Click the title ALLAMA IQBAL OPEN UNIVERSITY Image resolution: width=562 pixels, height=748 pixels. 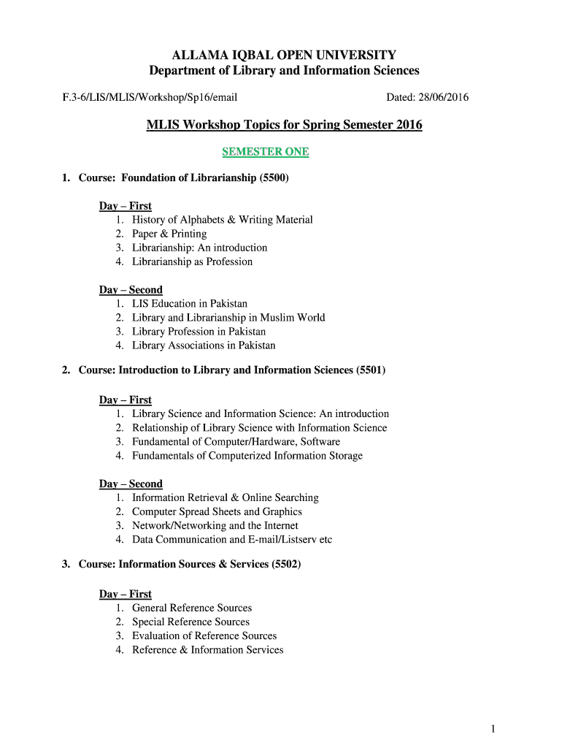point(284,56)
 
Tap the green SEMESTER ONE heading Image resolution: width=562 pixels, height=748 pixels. point(266,152)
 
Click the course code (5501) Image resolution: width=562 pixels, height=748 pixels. point(371,370)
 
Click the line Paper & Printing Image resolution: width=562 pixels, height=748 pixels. point(169,234)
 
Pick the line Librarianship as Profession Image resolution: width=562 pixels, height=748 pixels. point(192,262)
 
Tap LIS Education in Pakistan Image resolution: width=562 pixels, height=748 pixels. point(190,303)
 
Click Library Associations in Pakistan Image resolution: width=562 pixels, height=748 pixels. point(204,346)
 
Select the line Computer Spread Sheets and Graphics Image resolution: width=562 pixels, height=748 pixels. point(217,512)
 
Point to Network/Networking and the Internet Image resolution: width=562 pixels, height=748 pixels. point(215,526)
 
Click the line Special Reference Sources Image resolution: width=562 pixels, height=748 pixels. point(190,622)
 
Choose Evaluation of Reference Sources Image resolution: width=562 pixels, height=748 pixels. point(204,636)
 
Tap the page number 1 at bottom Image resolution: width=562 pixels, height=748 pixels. point(494,728)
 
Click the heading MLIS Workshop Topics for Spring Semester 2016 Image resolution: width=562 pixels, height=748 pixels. point(284,125)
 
